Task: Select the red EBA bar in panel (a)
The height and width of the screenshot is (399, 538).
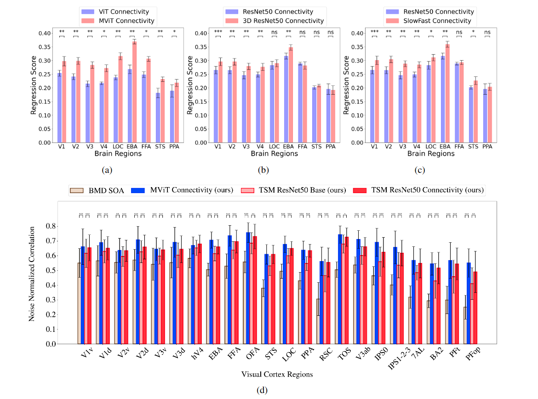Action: [x=135, y=92]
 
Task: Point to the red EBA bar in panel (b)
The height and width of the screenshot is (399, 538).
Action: [x=291, y=95]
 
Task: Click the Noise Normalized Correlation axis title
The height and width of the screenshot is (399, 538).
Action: [x=31, y=273]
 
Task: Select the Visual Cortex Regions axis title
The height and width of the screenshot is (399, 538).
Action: [x=277, y=374]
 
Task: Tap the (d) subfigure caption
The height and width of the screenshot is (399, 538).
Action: [x=262, y=391]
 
